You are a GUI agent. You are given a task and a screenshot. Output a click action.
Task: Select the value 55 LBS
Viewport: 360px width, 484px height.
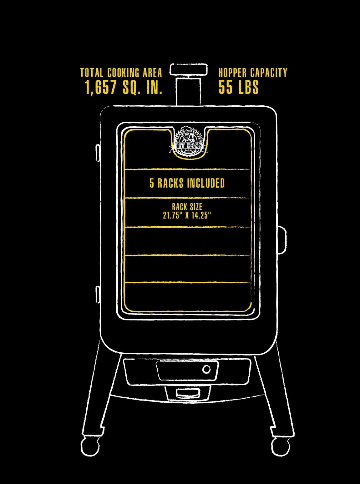pyautogui.click(x=239, y=87)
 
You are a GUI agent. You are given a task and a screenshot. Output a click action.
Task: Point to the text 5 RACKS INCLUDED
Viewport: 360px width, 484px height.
pyautogui.click(x=187, y=183)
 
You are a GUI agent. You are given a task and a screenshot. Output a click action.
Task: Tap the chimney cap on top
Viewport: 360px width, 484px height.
pyautogui.click(x=189, y=69)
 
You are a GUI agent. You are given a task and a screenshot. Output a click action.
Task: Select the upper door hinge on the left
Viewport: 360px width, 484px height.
pyautogui.click(x=98, y=153)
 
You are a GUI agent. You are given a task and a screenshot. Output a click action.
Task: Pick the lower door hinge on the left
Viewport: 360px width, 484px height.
pyautogui.click(x=98, y=294)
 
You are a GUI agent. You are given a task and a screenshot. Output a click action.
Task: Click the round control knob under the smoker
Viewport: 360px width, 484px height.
pyautogui.click(x=206, y=369)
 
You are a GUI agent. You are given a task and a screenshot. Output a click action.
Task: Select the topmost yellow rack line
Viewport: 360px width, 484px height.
pyautogui.click(x=188, y=169)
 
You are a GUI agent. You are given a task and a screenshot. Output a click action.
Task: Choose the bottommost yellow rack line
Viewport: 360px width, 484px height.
pyautogui.click(x=188, y=282)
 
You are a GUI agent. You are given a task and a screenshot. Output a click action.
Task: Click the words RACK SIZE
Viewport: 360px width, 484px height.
pyautogui.click(x=187, y=207)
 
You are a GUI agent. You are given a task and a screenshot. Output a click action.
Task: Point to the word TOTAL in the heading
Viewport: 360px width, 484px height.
pyautogui.click(x=92, y=73)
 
